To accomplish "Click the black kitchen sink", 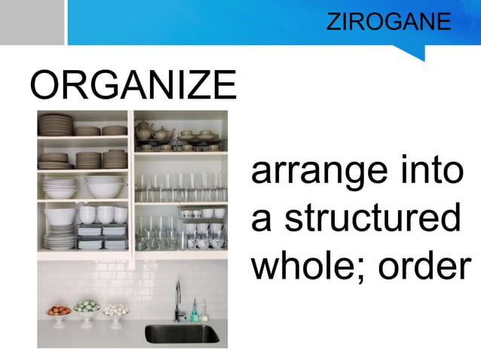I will (181, 334).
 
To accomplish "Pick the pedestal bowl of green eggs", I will (86, 309).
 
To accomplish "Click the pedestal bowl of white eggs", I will (115, 311).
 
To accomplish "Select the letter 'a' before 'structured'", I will (261, 220).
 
